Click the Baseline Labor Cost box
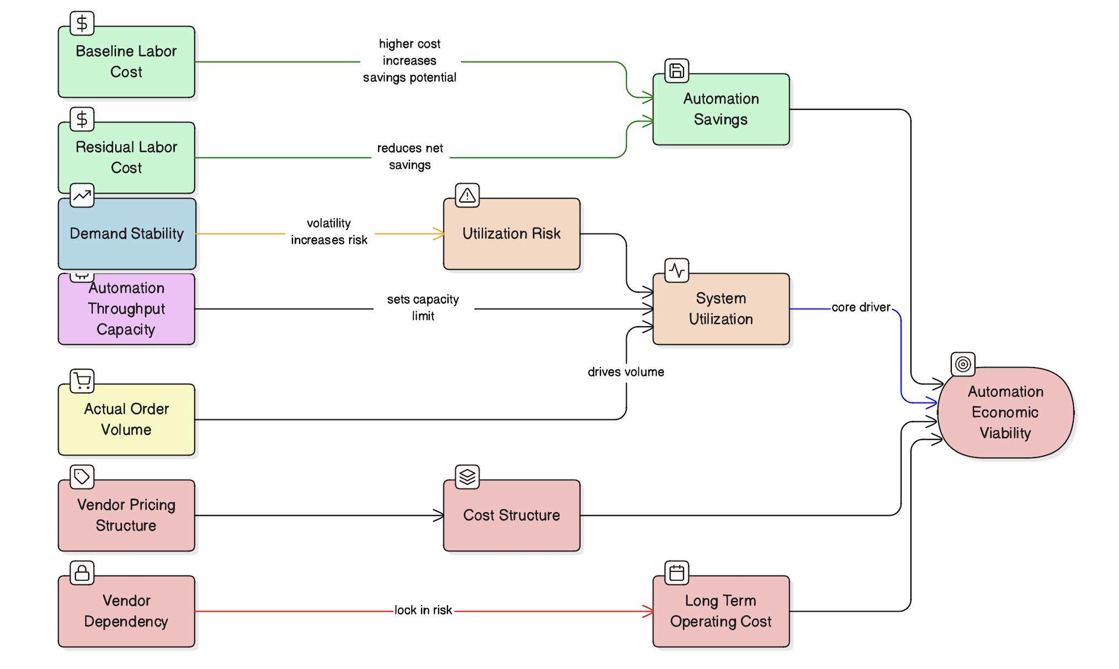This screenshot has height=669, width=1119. point(126,62)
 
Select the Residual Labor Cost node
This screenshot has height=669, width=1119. point(126,157)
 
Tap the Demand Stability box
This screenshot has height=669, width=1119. point(126,234)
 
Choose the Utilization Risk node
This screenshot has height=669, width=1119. point(511,234)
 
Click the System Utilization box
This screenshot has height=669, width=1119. point(721,309)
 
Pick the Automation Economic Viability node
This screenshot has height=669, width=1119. point(1005,413)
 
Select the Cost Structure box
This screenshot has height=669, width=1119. point(511,516)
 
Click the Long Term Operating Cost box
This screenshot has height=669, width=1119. point(721,611)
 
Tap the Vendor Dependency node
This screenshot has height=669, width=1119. point(126,611)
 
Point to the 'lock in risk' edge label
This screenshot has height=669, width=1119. point(423,610)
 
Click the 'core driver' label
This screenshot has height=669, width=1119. point(860,307)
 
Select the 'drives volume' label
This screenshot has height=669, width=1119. point(626,372)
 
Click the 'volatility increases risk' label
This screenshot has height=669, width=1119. point(329,232)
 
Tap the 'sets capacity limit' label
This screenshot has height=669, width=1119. point(423,307)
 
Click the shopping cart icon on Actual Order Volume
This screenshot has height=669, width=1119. point(82,381)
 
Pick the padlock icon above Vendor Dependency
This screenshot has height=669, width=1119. point(82,573)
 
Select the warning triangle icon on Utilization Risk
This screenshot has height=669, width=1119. point(467,195)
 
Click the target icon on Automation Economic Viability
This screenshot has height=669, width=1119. point(963,364)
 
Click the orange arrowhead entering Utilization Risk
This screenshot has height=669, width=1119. point(439,234)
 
